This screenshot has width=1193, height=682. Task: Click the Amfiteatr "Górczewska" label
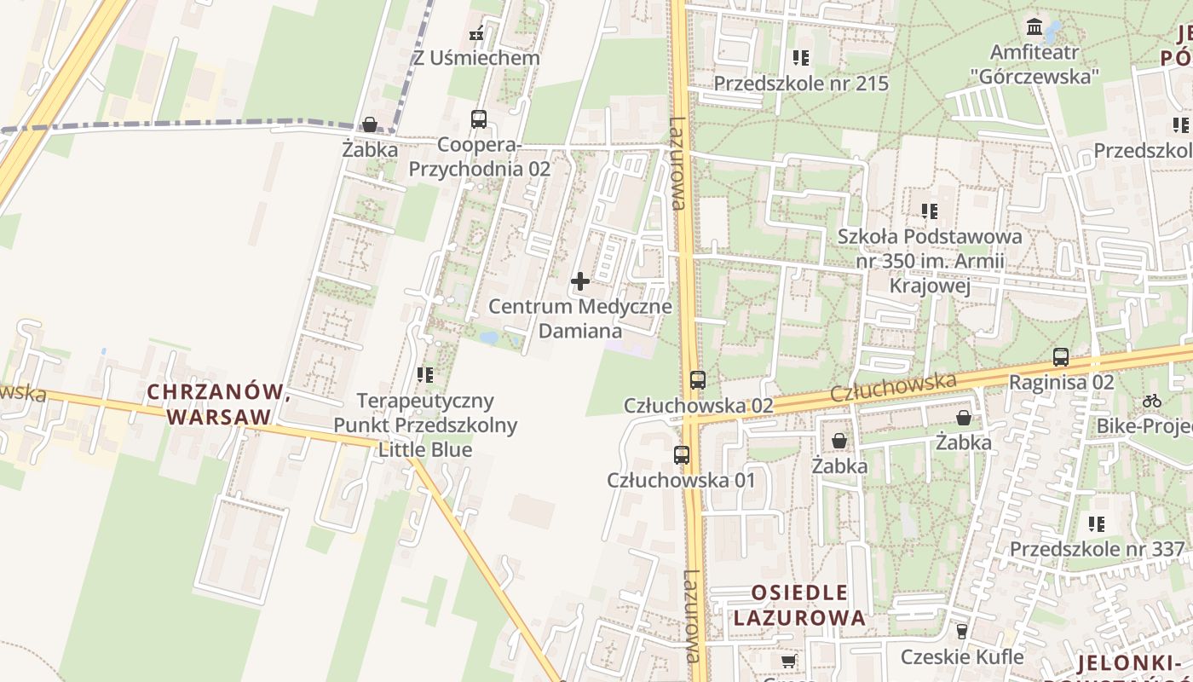(x=1035, y=64)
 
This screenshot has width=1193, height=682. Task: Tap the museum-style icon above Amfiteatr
(x=1035, y=26)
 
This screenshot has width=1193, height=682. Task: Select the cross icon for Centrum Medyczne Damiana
(x=580, y=281)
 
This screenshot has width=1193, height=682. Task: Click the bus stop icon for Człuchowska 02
(x=698, y=380)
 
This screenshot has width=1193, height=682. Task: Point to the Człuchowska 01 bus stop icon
(x=682, y=455)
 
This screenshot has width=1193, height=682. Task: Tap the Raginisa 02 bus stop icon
(x=1061, y=357)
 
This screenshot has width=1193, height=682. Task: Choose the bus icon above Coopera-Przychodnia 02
(x=479, y=119)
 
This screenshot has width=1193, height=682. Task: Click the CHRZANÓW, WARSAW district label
(x=219, y=404)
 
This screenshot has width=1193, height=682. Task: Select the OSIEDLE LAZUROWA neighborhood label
(x=799, y=604)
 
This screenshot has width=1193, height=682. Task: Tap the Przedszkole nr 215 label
(x=801, y=84)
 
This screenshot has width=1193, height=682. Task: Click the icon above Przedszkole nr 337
(x=1097, y=523)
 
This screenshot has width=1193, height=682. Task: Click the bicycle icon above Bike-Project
(x=1152, y=400)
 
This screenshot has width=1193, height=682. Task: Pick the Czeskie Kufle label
(x=962, y=656)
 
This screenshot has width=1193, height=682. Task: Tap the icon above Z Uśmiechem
(x=477, y=34)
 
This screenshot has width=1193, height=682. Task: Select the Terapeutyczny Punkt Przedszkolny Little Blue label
(x=425, y=425)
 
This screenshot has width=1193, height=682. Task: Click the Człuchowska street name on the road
(x=892, y=388)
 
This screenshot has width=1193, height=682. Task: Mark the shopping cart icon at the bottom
(x=789, y=661)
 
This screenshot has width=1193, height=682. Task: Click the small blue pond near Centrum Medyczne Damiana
(x=489, y=338)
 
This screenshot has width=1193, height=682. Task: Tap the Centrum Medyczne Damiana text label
(x=580, y=318)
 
